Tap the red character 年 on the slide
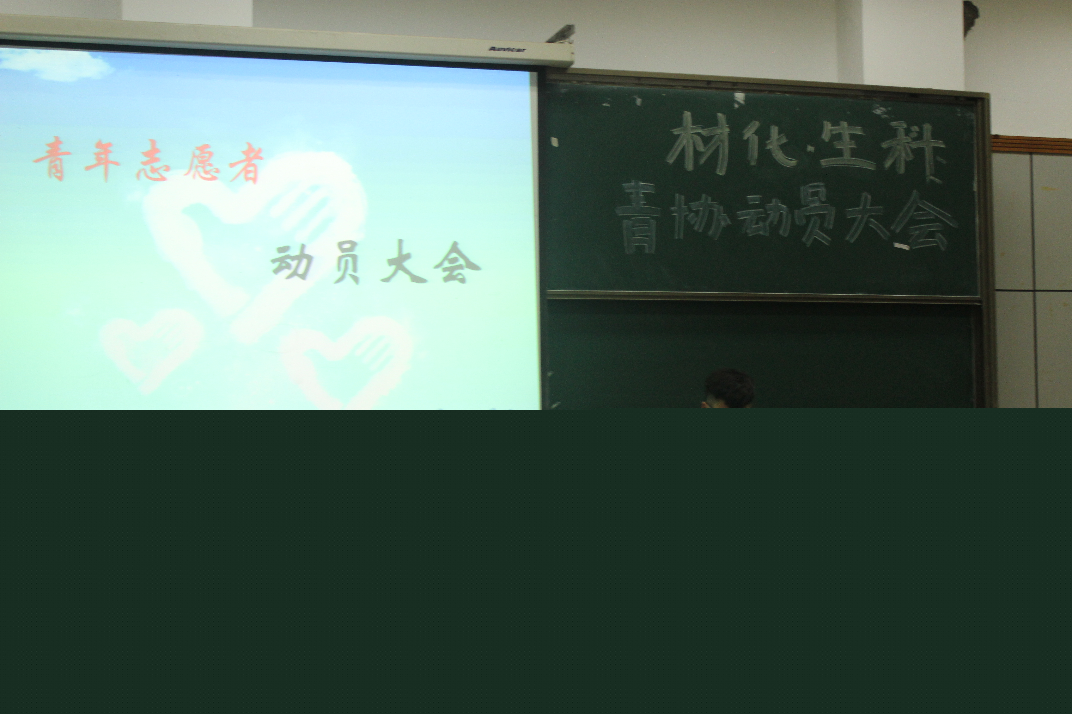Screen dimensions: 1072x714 coord(103,160)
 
